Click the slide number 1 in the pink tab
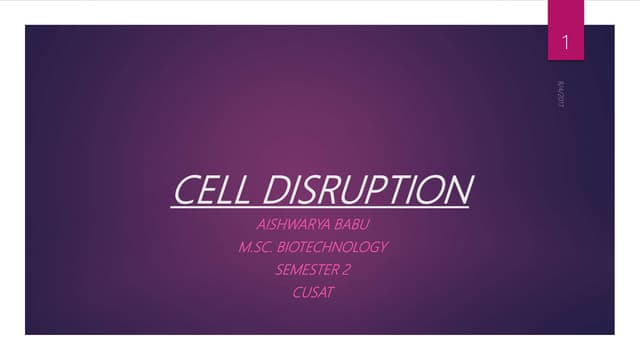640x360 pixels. (x=565, y=43)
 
